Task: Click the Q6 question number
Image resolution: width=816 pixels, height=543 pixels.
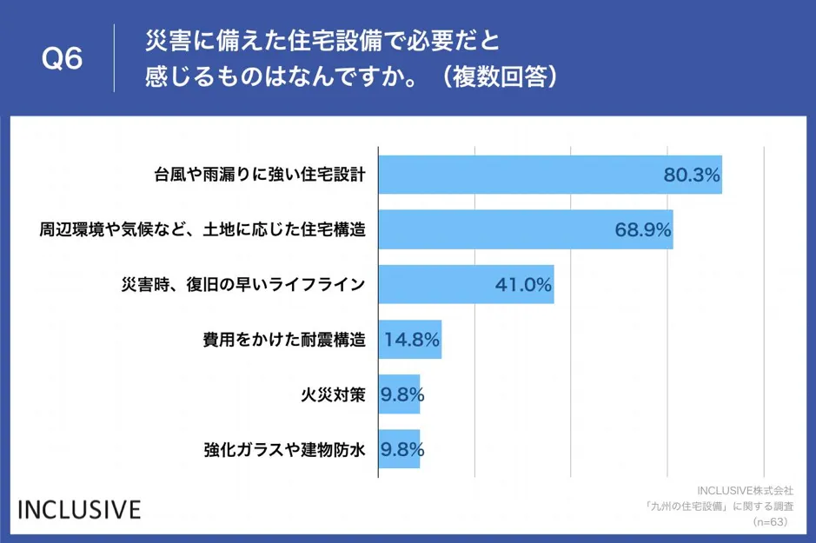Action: pyautogui.click(x=62, y=59)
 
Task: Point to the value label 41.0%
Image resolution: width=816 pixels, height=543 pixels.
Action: pyautogui.click(x=523, y=284)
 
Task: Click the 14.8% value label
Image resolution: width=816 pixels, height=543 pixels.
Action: pyautogui.click(x=412, y=340)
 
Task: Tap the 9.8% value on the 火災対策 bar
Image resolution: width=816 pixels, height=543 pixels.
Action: pyautogui.click(x=402, y=394)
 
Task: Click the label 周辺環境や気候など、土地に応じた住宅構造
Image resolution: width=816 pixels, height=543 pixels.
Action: pyautogui.click(x=202, y=229)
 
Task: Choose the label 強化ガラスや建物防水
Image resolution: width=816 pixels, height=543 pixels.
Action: pyautogui.click(x=285, y=449)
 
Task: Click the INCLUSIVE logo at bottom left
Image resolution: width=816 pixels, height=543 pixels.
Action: pyautogui.click(x=79, y=508)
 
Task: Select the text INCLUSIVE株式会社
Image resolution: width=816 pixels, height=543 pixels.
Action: pyautogui.click(x=745, y=490)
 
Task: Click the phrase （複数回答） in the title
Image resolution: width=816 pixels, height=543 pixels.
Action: pyautogui.click(x=498, y=76)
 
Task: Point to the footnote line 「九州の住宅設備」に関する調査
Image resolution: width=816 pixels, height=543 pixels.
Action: pyautogui.click(x=718, y=506)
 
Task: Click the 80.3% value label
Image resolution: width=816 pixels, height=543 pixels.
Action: pyautogui.click(x=692, y=175)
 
